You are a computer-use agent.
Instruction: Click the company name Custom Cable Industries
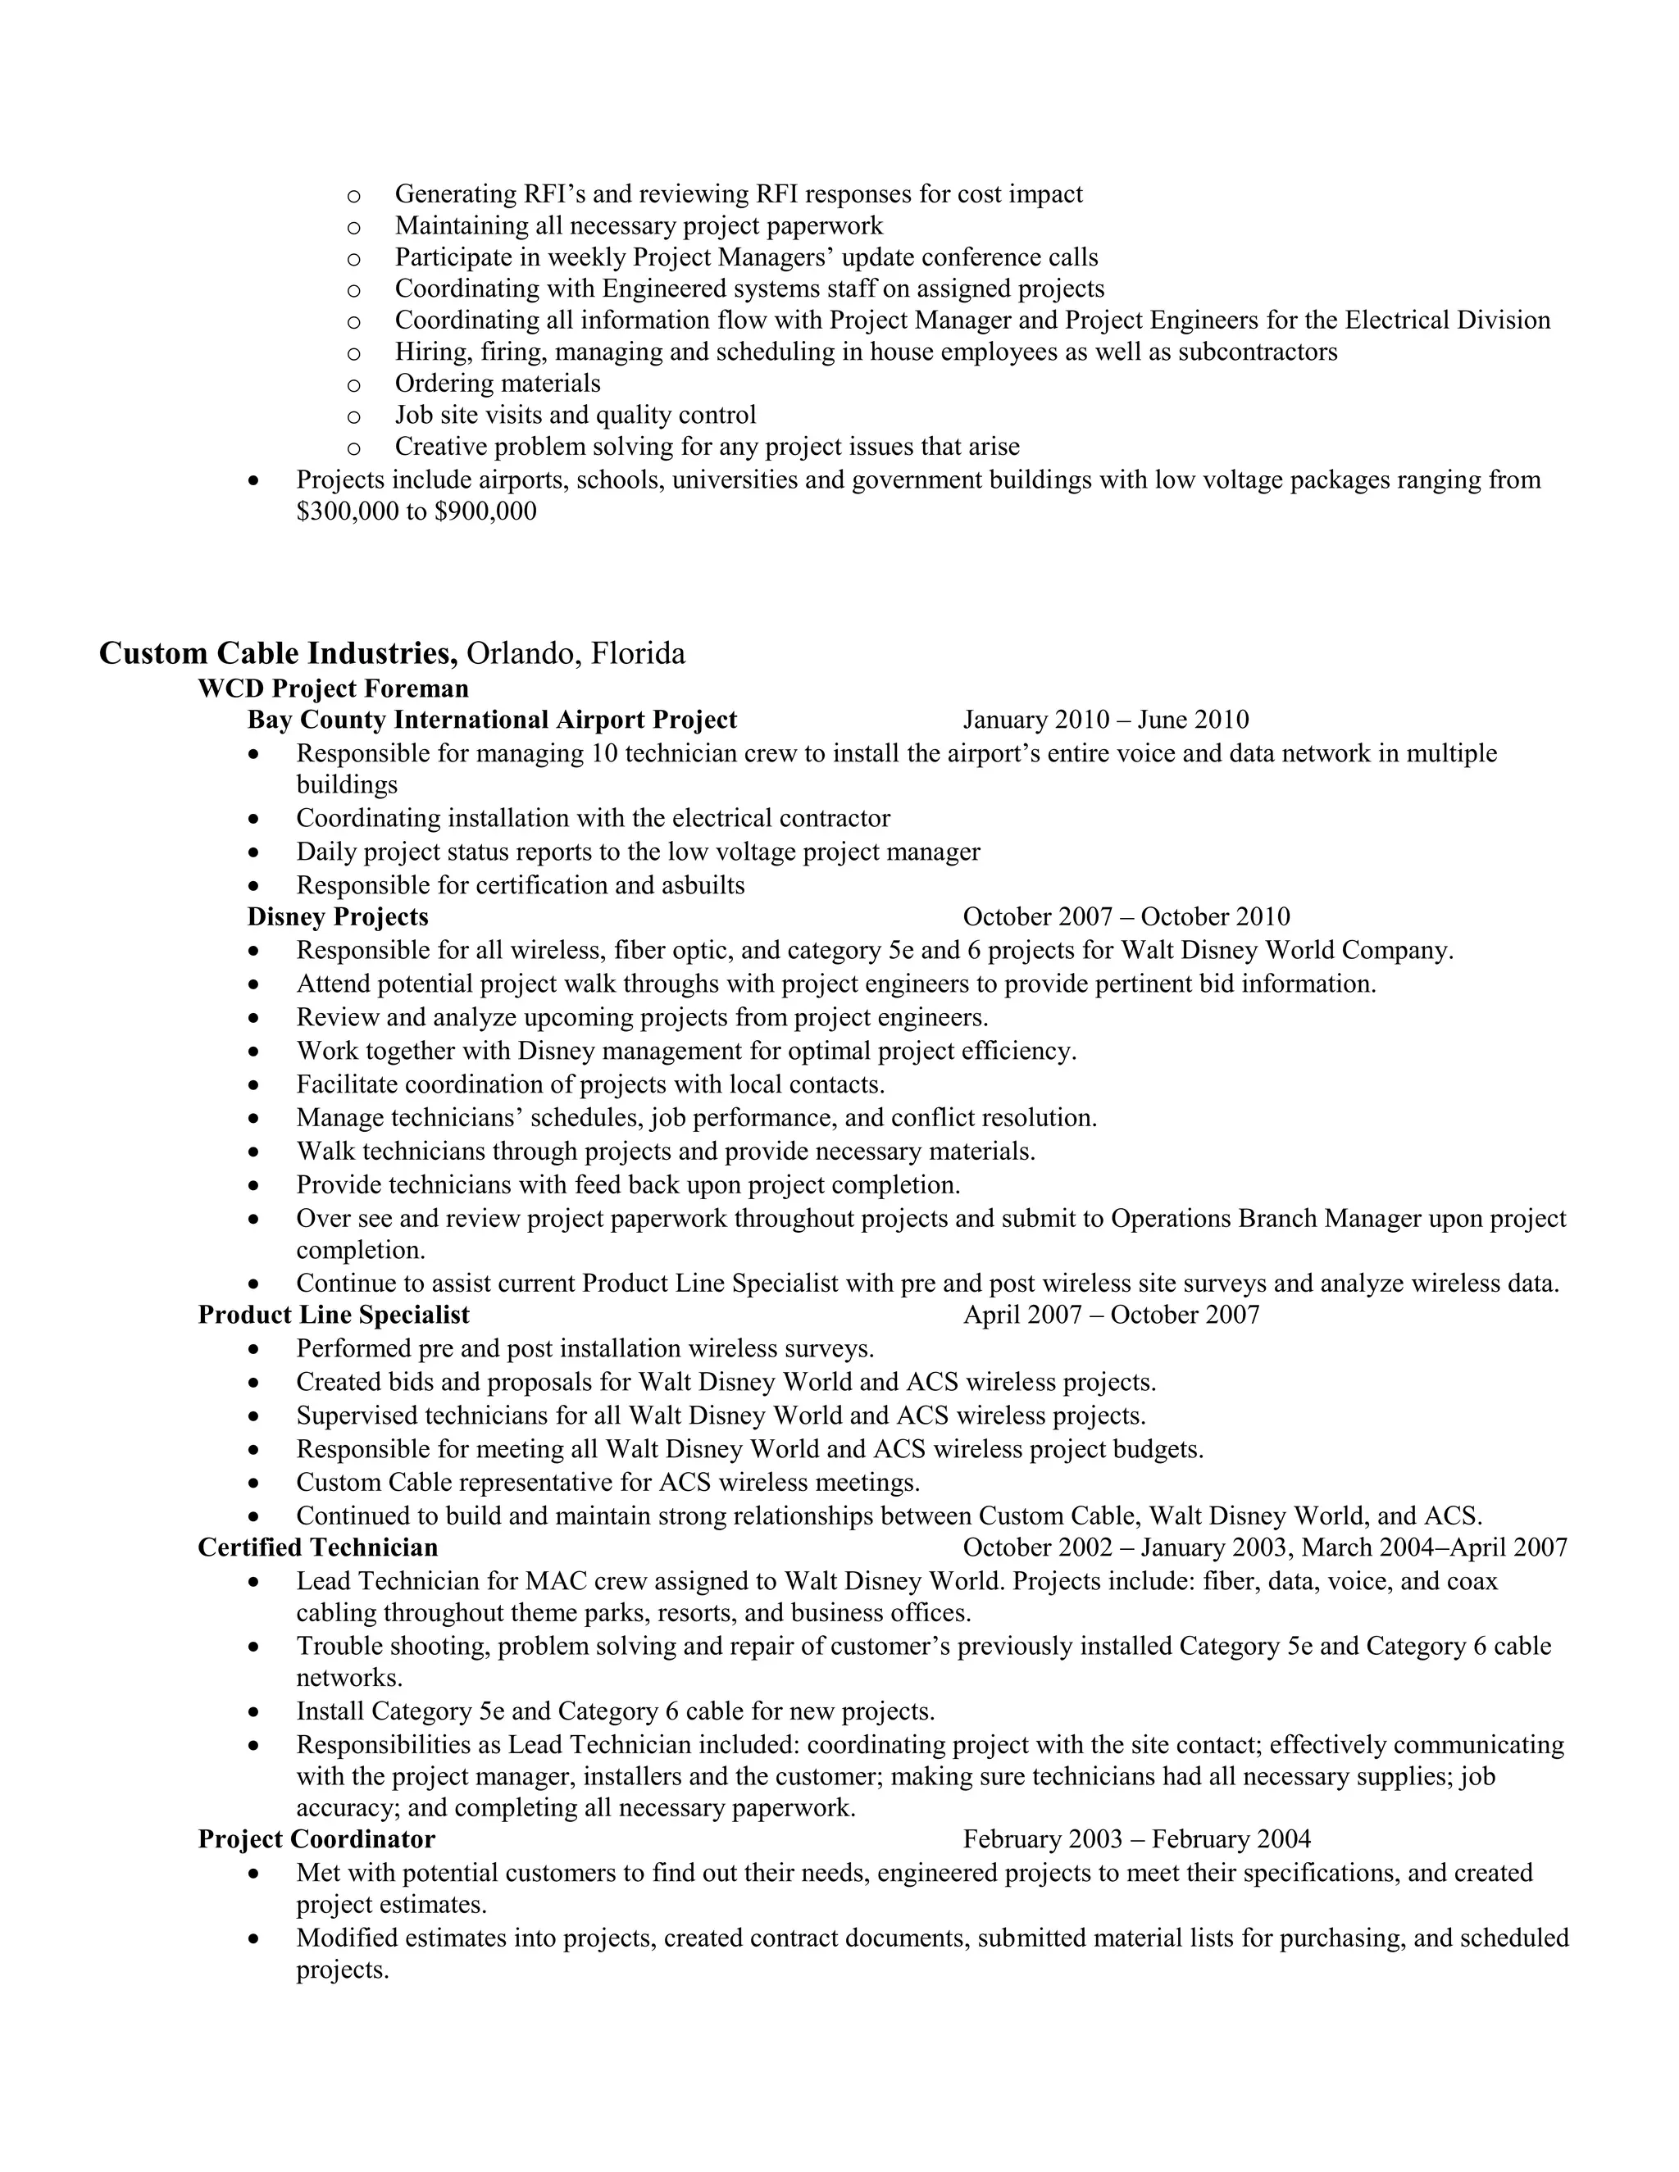click(278, 653)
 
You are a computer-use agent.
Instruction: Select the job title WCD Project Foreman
click(333, 688)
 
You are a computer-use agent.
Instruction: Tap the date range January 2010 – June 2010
click(1105, 719)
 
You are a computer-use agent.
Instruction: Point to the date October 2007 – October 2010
click(1126, 916)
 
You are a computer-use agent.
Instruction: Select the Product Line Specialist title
click(333, 1315)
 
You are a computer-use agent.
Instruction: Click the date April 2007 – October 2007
click(1110, 1315)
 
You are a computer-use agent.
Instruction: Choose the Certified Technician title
click(317, 1547)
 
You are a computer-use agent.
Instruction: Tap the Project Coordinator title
click(316, 1839)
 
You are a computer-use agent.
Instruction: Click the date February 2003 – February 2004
click(1136, 1839)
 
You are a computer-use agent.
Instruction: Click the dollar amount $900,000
click(485, 512)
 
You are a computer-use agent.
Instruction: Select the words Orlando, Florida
click(576, 653)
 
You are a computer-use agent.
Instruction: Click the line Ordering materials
click(498, 383)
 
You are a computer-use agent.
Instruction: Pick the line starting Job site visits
click(575, 415)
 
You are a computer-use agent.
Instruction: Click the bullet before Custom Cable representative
click(256, 1484)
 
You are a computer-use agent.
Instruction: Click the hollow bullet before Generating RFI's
click(353, 196)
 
